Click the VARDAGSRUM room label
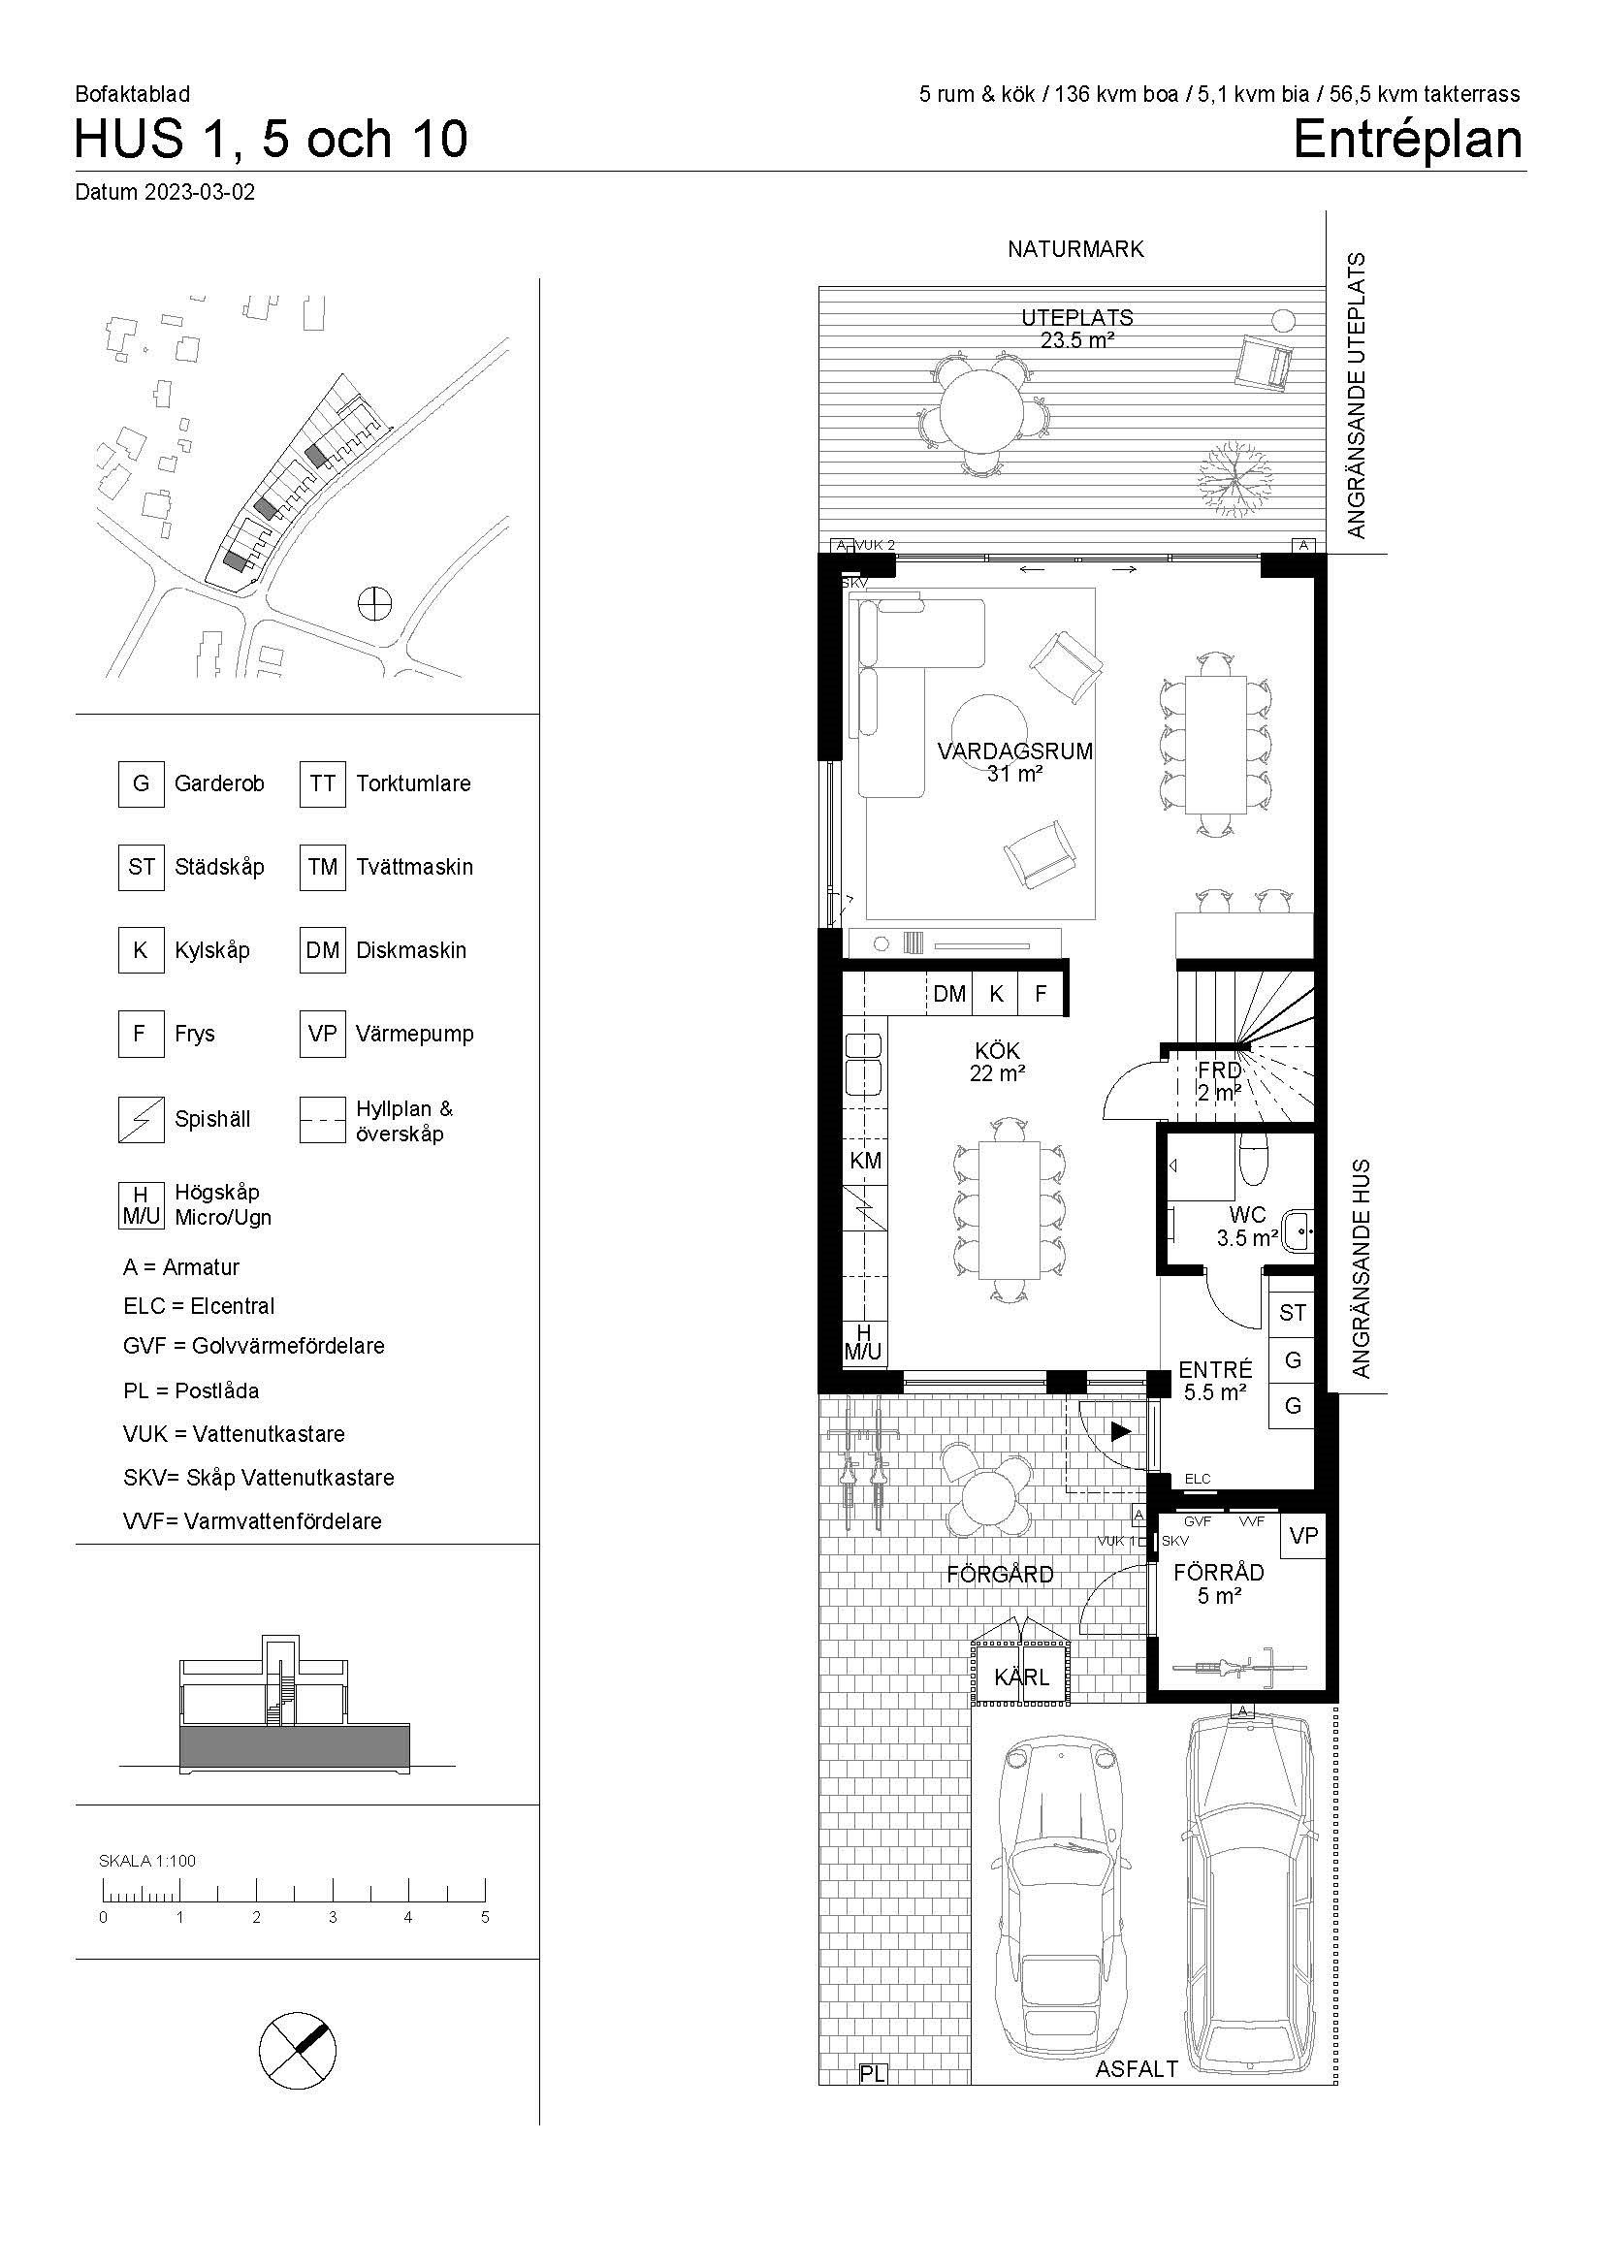point(1015,751)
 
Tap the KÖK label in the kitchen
point(998,1051)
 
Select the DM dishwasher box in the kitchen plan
point(949,994)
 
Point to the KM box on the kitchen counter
point(865,1161)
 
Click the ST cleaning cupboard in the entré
point(1292,1313)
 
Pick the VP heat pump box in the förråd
point(1303,1535)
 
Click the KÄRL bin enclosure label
point(1021,1677)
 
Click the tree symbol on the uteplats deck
point(1234,476)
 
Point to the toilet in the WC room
point(1253,1159)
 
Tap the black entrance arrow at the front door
point(1120,1430)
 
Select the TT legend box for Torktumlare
point(323,784)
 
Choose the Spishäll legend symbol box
point(142,1119)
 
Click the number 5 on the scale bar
point(485,1917)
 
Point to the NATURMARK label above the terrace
point(1075,249)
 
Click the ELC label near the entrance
point(1197,1479)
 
